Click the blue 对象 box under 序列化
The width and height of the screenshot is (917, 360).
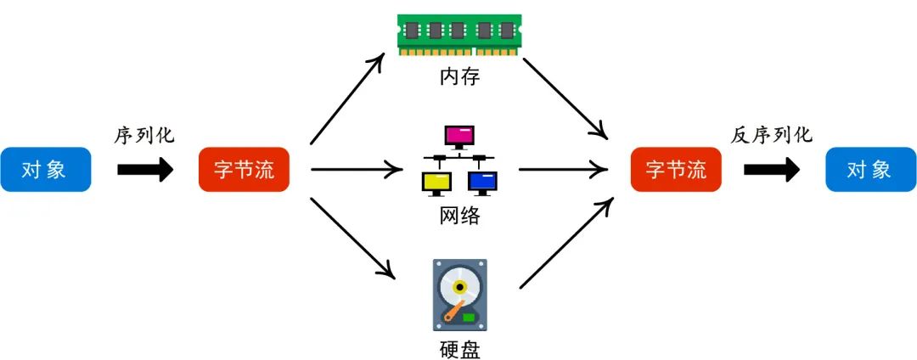pyautogui.click(x=45, y=170)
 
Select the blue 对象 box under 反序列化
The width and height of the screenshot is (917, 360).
pyautogui.click(x=870, y=170)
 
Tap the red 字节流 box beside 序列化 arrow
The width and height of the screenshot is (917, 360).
pyautogui.click(x=244, y=170)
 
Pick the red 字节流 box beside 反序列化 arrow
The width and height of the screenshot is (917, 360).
pyautogui.click(x=676, y=170)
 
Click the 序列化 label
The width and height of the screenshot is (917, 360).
pyautogui.click(x=144, y=135)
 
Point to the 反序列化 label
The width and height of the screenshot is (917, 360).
pyautogui.click(x=771, y=135)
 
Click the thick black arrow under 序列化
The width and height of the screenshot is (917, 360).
pyautogui.click(x=144, y=170)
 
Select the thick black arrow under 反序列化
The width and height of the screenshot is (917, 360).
pyautogui.click(x=771, y=170)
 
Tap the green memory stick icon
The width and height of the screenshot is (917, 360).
pyautogui.click(x=459, y=34)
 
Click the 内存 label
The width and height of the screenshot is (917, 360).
pyautogui.click(x=459, y=77)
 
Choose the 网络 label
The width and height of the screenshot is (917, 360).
pyautogui.click(x=459, y=216)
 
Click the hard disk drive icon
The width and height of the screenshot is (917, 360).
pyautogui.click(x=459, y=295)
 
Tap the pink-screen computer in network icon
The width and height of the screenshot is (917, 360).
pyautogui.click(x=459, y=137)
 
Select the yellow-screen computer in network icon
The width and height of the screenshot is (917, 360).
pyautogui.click(x=436, y=181)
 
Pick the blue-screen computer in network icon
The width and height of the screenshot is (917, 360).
pyautogui.click(x=482, y=181)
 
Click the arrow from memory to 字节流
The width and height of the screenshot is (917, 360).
pyautogui.click(x=565, y=98)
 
